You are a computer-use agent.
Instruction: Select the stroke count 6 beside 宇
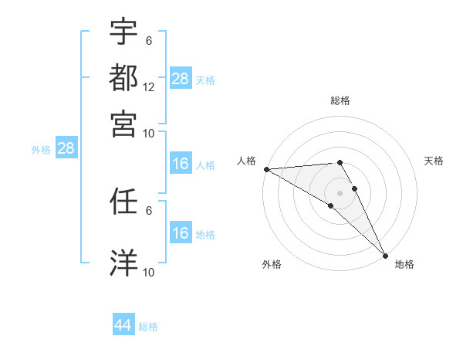[x=149, y=41]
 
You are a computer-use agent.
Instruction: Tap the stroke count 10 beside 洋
[x=149, y=273]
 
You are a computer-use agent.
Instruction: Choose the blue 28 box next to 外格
[x=66, y=149]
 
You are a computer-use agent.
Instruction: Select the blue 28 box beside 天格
[x=181, y=78]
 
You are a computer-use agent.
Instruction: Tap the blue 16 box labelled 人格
[x=181, y=164]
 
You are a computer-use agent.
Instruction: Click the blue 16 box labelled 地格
[x=181, y=233]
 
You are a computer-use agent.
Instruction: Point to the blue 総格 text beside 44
[x=149, y=327]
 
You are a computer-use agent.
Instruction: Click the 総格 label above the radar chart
[x=340, y=100]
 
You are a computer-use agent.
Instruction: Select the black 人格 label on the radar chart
[x=247, y=161]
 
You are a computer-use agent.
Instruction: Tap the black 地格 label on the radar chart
[x=404, y=264]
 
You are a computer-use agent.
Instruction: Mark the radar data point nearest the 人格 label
[x=266, y=169]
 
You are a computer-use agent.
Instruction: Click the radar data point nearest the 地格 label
[x=384, y=256]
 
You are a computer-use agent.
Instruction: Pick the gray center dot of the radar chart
[x=340, y=192]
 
